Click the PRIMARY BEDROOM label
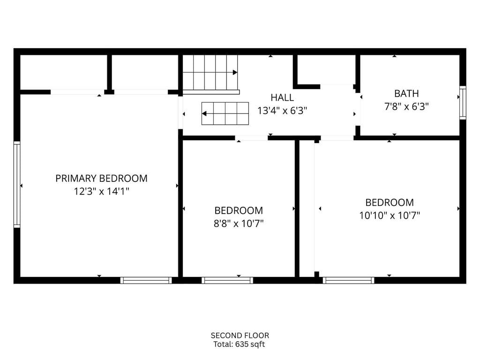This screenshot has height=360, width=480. [101, 178]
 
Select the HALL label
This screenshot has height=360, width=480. [282, 97]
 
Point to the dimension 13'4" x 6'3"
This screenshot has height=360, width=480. [282, 111]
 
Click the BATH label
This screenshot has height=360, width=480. [406, 93]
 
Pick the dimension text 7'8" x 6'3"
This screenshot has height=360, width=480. [406, 106]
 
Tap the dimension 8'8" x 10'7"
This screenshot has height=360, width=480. [239, 224]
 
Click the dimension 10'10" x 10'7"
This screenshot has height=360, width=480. [390, 216]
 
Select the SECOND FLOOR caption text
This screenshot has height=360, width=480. [240, 335]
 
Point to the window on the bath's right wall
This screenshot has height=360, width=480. [463, 103]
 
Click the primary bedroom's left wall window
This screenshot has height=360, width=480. [17, 185]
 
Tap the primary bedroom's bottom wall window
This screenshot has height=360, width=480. [146, 280]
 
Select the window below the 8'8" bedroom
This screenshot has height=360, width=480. [227, 280]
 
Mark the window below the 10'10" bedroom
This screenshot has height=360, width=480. [348, 280]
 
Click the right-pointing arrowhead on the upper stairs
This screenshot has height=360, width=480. [235, 72]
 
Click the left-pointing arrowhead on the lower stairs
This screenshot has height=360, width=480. [204, 113]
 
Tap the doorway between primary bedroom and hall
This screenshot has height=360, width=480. [180, 112]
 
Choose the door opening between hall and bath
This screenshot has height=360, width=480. [358, 109]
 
